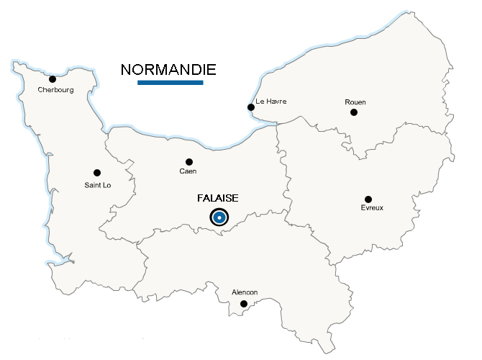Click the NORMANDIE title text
168,70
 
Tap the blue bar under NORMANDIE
170,83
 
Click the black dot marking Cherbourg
53,79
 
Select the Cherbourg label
55,90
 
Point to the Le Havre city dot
250,107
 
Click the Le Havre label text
270,102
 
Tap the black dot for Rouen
353,112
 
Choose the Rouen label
355,102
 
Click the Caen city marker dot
189,162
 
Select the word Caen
188,171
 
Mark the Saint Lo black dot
97,173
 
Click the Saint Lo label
97,186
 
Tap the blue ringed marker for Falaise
219,217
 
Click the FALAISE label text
217,198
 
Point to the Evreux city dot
368,199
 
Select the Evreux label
372,208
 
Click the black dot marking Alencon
244,304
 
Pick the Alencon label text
245,292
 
